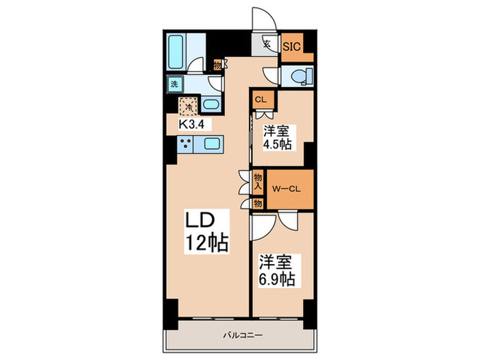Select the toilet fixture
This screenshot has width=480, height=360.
point(299,75)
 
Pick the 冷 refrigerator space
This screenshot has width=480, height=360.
point(187,107)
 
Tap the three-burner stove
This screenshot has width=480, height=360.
point(186,144)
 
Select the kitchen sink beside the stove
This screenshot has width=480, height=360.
point(211,144)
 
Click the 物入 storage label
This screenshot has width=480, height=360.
point(258,181)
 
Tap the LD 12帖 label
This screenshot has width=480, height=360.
point(206,232)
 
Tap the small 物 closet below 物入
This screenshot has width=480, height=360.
point(258,203)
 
